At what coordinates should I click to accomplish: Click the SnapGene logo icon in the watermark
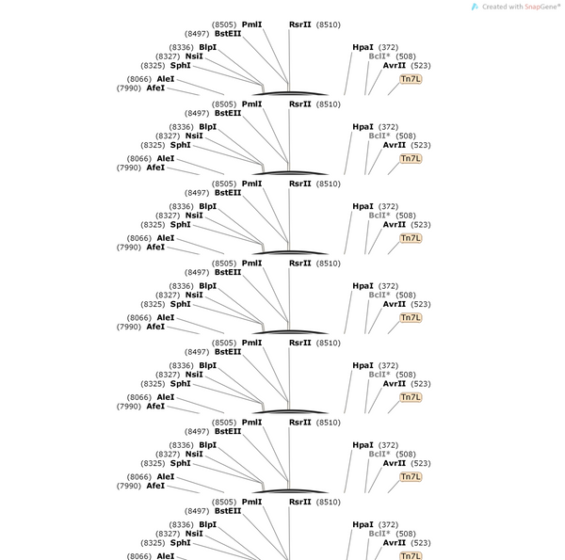coord(475,7)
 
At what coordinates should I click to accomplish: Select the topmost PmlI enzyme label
coord(251,24)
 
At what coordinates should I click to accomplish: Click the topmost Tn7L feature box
coord(411,79)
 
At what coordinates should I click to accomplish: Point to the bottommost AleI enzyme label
coord(166,556)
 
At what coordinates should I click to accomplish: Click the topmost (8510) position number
coord(329,24)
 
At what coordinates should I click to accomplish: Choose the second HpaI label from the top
coord(363,127)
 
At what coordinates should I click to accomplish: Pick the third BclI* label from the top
coord(379,216)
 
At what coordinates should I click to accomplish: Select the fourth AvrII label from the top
coord(395,304)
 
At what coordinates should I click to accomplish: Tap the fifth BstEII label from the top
coord(228,351)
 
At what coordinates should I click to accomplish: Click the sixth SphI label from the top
coord(181,463)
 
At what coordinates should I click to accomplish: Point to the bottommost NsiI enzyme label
coord(194,534)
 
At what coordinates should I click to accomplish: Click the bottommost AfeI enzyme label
coord(155,486)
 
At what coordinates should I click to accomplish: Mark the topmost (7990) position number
coord(129,88)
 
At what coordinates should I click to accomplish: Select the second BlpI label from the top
coord(208,127)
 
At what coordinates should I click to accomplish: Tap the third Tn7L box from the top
coord(411,238)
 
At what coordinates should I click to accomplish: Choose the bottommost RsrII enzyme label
coord(299,502)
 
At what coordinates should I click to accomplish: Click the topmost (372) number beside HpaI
coord(388,48)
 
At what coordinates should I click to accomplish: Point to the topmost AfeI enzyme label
coord(155,88)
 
